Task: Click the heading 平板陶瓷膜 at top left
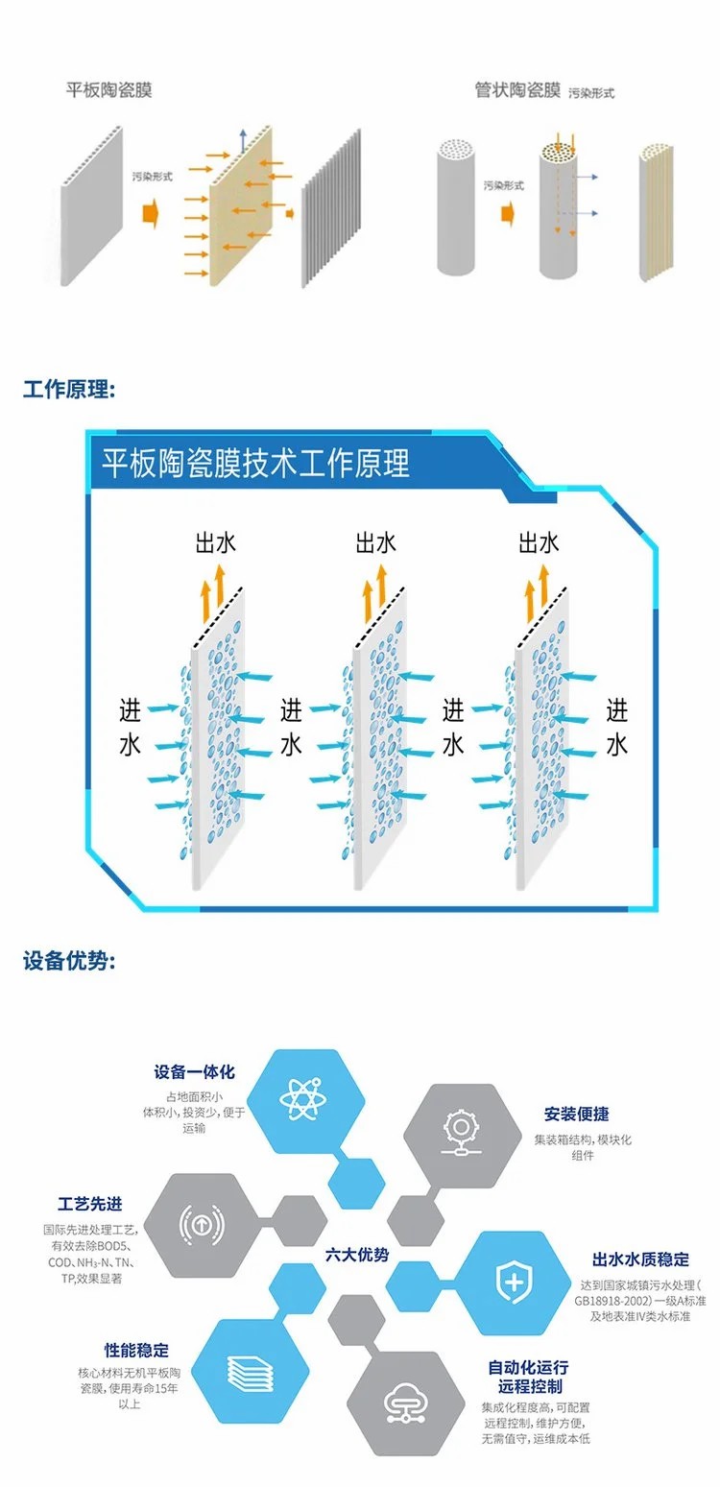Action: pyautogui.click(x=108, y=90)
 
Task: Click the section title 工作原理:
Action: pyautogui.click(x=69, y=391)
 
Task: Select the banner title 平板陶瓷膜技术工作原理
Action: pyautogui.click(x=256, y=463)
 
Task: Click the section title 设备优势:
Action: pyautogui.click(x=69, y=961)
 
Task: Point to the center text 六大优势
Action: pyautogui.click(x=357, y=1255)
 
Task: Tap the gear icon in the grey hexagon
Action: pyautogui.click(x=455, y=1134)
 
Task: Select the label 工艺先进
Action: pyautogui.click(x=90, y=1205)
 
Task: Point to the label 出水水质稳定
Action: pyautogui.click(x=640, y=1259)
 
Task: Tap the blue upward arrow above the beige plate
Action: pyautogui.click(x=244, y=136)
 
